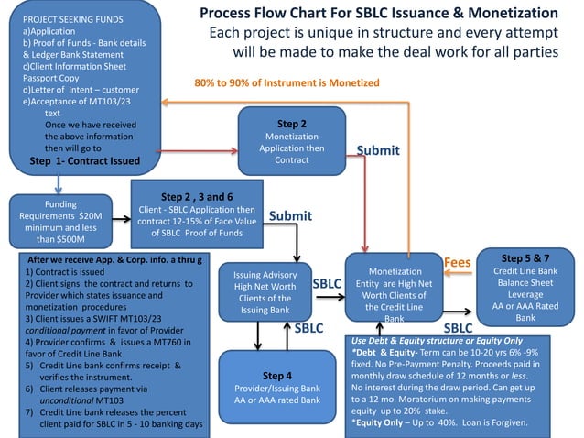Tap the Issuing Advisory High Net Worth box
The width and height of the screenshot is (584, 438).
point(265,291)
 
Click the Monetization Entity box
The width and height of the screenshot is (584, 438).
point(394,294)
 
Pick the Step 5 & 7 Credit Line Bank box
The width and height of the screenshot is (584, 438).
point(525,288)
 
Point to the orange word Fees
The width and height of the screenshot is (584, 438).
point(457,263)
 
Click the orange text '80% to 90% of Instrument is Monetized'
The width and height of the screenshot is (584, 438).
point(287,83)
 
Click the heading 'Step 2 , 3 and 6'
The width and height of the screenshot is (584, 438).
point(197,196)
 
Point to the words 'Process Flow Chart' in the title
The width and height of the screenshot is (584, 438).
point(262,15)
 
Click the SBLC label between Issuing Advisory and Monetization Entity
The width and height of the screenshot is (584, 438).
point(328,284)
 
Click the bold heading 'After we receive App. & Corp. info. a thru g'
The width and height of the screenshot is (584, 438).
point(114,260)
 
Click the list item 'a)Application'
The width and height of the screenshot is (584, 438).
point(49,30)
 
